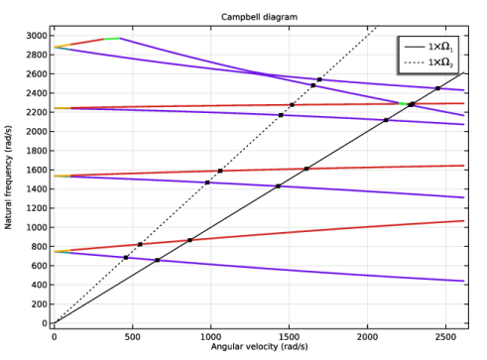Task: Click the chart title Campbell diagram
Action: pos(259,17)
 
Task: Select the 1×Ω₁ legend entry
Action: pos(428,47)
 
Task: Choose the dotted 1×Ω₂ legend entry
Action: pos(428,62)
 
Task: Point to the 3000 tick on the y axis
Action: pos(37,36)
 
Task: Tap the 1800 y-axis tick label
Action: pos(37,151)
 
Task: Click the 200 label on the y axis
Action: pos(40,304)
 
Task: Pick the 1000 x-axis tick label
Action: pos(211,337)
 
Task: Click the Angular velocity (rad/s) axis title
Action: pos(260,346)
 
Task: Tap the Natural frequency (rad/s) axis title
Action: pos(8,178)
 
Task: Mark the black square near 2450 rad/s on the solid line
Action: pos(437,88)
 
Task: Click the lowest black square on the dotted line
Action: pos(126,258)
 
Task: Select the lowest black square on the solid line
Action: pos(158,260)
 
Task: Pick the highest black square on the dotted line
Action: pos(319,79)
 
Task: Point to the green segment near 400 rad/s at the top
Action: pos(112,39)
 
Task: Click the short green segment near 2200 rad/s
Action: pos(403,104)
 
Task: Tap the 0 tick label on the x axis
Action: pos(55,337)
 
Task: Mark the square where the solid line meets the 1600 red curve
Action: pos(306,169)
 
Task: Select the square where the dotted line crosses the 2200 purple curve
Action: pos(281,115)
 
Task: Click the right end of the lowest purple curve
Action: pos(464,281)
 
